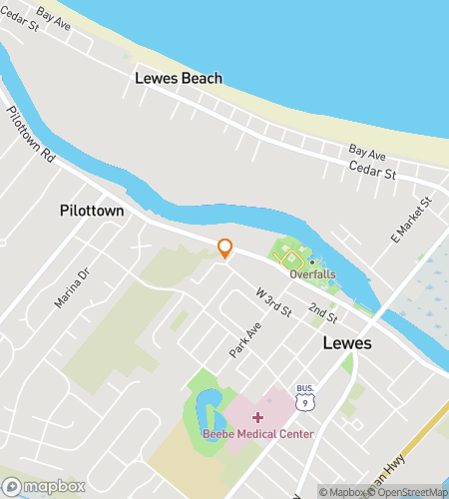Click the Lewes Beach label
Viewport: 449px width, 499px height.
click(180, 79)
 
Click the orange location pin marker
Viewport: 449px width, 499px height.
click(225, 249)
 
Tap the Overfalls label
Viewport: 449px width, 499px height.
click(311, 273)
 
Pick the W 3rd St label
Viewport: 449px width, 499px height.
click(273, 303)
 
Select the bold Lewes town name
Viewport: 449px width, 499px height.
click(347, 343)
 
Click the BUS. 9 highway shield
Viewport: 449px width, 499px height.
click(305, 397)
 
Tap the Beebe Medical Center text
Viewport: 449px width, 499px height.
click(258, 433)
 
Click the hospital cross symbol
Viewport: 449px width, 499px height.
click(258, 416)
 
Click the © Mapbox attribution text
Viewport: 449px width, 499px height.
click(341, 491)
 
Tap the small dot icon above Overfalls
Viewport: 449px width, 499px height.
click(311, 261)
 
